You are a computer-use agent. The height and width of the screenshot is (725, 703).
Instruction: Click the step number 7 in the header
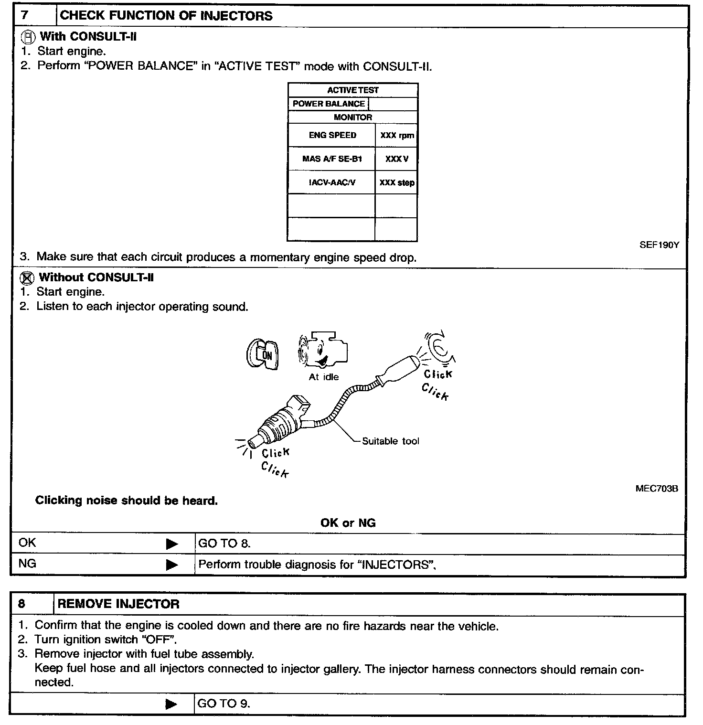point(25,15)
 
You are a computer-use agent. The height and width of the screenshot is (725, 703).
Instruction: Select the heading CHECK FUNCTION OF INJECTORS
point(166,16)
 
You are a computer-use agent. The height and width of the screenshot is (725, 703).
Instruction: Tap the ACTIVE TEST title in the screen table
point(352,90)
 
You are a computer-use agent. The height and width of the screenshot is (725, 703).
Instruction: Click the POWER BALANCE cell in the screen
point(329,104)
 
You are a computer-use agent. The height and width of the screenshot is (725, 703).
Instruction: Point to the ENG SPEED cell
point(332,135)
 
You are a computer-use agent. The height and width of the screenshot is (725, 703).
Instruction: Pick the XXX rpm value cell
point(397,136)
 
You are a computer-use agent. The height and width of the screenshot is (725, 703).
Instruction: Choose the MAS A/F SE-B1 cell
point(332,159)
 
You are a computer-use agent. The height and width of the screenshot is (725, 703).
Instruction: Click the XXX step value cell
point(397,182)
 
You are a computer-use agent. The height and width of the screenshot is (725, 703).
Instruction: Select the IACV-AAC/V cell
point(332,182)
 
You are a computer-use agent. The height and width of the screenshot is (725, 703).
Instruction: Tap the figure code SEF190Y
point(659,245)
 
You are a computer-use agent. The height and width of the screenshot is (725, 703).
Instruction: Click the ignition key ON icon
point(263,354)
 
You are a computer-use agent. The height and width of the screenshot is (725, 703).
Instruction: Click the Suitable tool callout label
point(390,441)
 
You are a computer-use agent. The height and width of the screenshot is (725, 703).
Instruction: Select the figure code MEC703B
point(657,489)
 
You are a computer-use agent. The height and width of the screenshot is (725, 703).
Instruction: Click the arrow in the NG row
point(172,565)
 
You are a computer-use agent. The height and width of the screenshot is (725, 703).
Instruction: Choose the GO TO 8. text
point(224,544)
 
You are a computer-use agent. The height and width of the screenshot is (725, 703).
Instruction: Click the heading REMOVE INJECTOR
point(118,604)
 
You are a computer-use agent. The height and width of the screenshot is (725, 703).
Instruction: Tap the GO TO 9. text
point(224,704)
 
